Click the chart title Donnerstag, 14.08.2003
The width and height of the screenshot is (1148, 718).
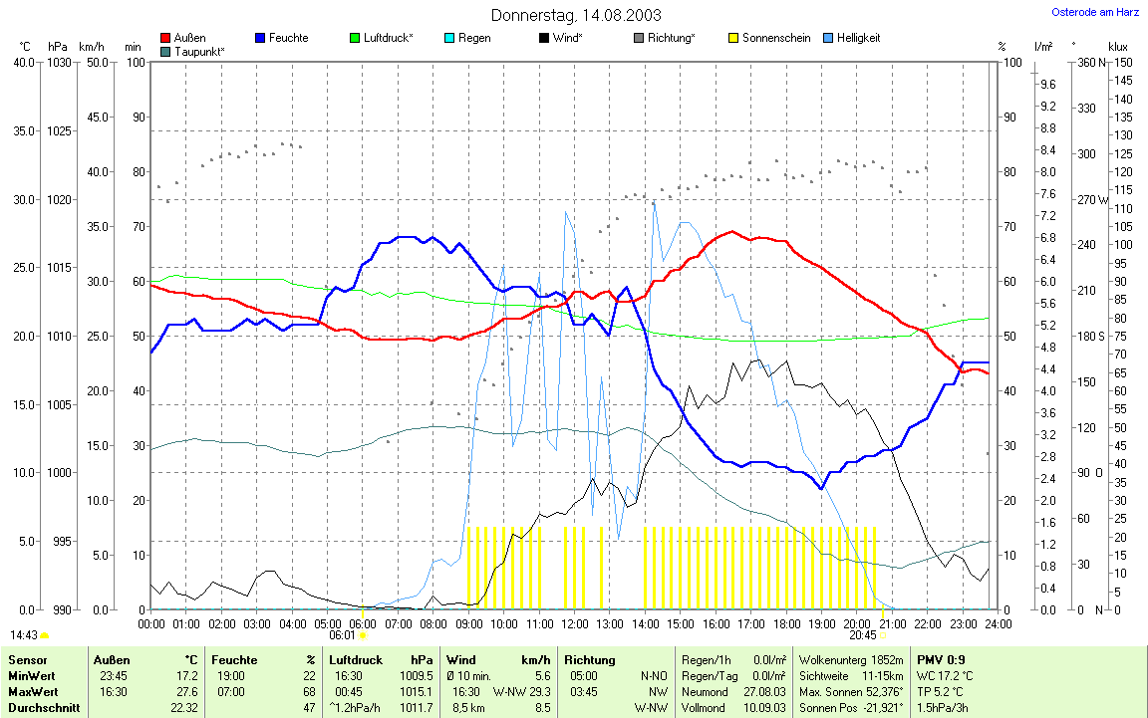click(576, 15)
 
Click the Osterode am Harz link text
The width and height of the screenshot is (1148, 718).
click(1095, 13)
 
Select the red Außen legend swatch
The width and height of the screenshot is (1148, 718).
click(165, 38)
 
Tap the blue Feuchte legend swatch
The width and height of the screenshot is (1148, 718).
click(261, 38)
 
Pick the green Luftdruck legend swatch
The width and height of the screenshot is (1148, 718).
click(355, 38)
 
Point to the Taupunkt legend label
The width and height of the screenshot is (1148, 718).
click(199, 51)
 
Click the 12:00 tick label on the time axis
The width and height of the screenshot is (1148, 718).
click(575, 624)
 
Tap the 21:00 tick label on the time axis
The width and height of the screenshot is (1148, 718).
click(892, 624)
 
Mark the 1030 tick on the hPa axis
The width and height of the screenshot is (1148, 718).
click(59, 63)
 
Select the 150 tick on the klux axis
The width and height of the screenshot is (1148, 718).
click(1122, 63)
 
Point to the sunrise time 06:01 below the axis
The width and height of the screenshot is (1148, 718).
click(342, 634)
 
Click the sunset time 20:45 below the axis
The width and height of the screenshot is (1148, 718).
click(863, 634)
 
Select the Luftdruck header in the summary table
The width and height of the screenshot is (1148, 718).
click(356, 660)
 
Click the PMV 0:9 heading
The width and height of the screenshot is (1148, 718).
click(941, 660)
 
